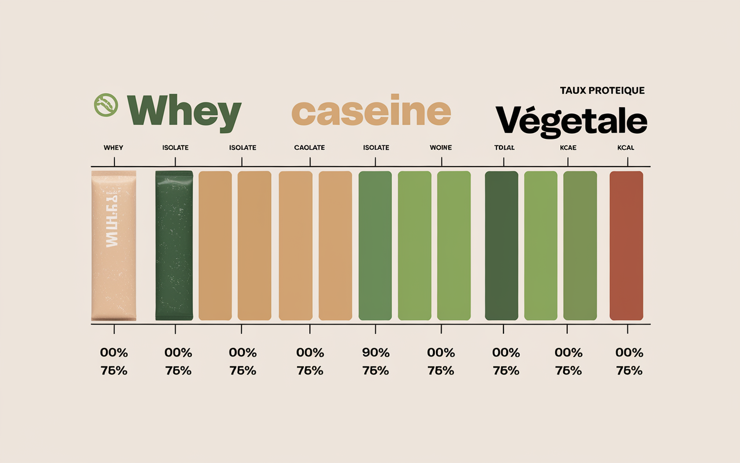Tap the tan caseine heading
[371, 112]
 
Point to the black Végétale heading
[571, 120]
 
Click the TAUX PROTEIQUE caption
[602, 90]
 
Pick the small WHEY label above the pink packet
[113, 148]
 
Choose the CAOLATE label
[309, 148]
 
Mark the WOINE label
[441, 148]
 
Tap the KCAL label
[626, 148]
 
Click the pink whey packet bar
[114, 245]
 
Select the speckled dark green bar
[174, 245]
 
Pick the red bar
[627, 245]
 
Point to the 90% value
[376, 352]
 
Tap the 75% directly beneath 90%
[376, 370]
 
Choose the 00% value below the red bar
[629, 352]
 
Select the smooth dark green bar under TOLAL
[501, 245]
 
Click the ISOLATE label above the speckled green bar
[175, 148]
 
